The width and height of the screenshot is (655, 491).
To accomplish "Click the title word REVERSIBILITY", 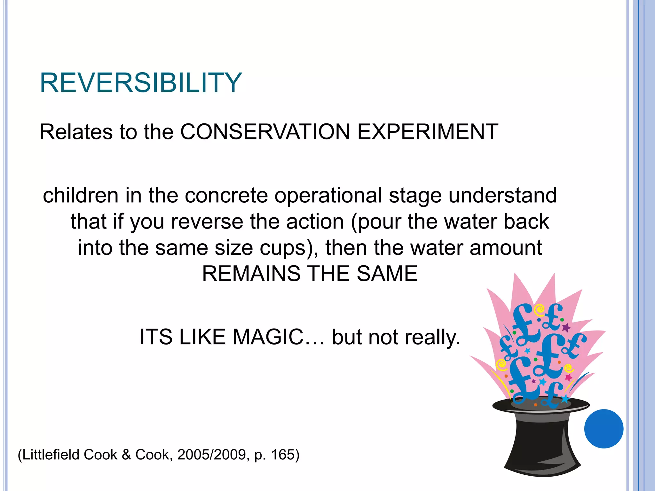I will point(141,83).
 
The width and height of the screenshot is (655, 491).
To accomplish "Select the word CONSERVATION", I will point(265,132).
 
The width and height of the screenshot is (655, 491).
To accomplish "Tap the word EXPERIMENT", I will point(428,132).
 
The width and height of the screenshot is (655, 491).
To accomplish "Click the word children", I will point(81,195).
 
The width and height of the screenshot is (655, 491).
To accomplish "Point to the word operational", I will point(328,196).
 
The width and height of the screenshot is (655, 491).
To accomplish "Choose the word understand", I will point(502,195).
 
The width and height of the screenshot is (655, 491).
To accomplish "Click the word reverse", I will point(207,222).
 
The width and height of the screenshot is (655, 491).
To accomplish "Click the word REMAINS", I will point(251,274).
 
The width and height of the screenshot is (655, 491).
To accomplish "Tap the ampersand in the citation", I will point(126,455).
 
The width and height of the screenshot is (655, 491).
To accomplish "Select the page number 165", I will point(282,455).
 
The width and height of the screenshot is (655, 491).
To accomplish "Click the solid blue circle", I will point(604,429).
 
